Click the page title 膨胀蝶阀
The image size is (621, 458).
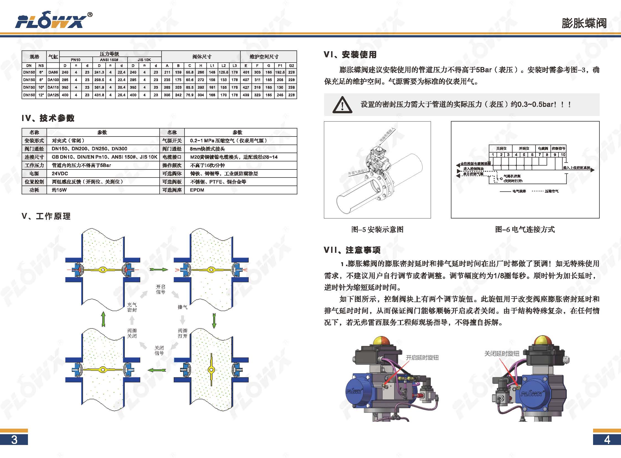(584, 23)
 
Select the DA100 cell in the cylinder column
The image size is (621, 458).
(53, 80)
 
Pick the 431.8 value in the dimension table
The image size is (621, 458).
(99, 95)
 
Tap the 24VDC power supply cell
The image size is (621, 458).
(60, 174)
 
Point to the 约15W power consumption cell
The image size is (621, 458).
(59, 190)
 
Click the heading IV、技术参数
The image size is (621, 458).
(48, 119)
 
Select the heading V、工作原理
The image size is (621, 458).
(46, 216)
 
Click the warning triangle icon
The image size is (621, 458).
(342, 105)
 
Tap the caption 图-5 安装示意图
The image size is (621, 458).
(377, 230)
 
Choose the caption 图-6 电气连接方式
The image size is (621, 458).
(525, 230)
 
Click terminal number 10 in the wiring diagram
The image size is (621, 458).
(563, 155)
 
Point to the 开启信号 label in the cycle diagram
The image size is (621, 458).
(160, 289)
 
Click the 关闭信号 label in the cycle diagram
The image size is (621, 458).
(159, 351)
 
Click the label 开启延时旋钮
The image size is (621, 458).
(422, 358)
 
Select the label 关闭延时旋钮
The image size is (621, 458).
(502, 354)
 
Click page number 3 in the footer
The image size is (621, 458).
(14, 440)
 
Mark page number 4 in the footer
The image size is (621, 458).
(607, 440)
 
